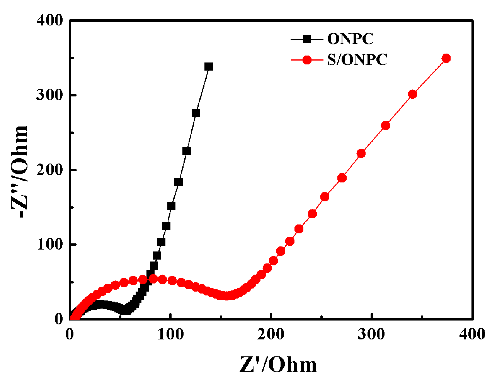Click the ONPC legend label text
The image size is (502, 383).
[x=350, y=39]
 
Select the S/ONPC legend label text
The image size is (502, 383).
[x=357, y=60]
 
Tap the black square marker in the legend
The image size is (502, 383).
[x=306, y=39]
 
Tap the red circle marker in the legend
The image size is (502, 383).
[x=306, y=60]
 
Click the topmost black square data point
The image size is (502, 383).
[x=209, y=67]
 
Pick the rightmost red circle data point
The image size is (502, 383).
[x=446, y=58]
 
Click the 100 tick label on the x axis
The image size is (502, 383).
[x=170, y=334]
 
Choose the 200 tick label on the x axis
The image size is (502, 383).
[x=271, y=334]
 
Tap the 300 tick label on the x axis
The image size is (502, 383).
[x=372, y=334]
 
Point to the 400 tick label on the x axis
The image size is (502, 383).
[x=472, y=334]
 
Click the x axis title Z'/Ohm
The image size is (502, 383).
[x=278, y=364]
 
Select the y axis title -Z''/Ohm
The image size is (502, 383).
[x=20, y=172]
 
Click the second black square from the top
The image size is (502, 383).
[x=196, y=113]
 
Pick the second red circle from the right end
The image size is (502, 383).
[x=412, y=94]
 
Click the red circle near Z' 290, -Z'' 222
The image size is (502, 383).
[x=361, y=154]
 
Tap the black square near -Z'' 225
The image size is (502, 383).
[x=187, y=151]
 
